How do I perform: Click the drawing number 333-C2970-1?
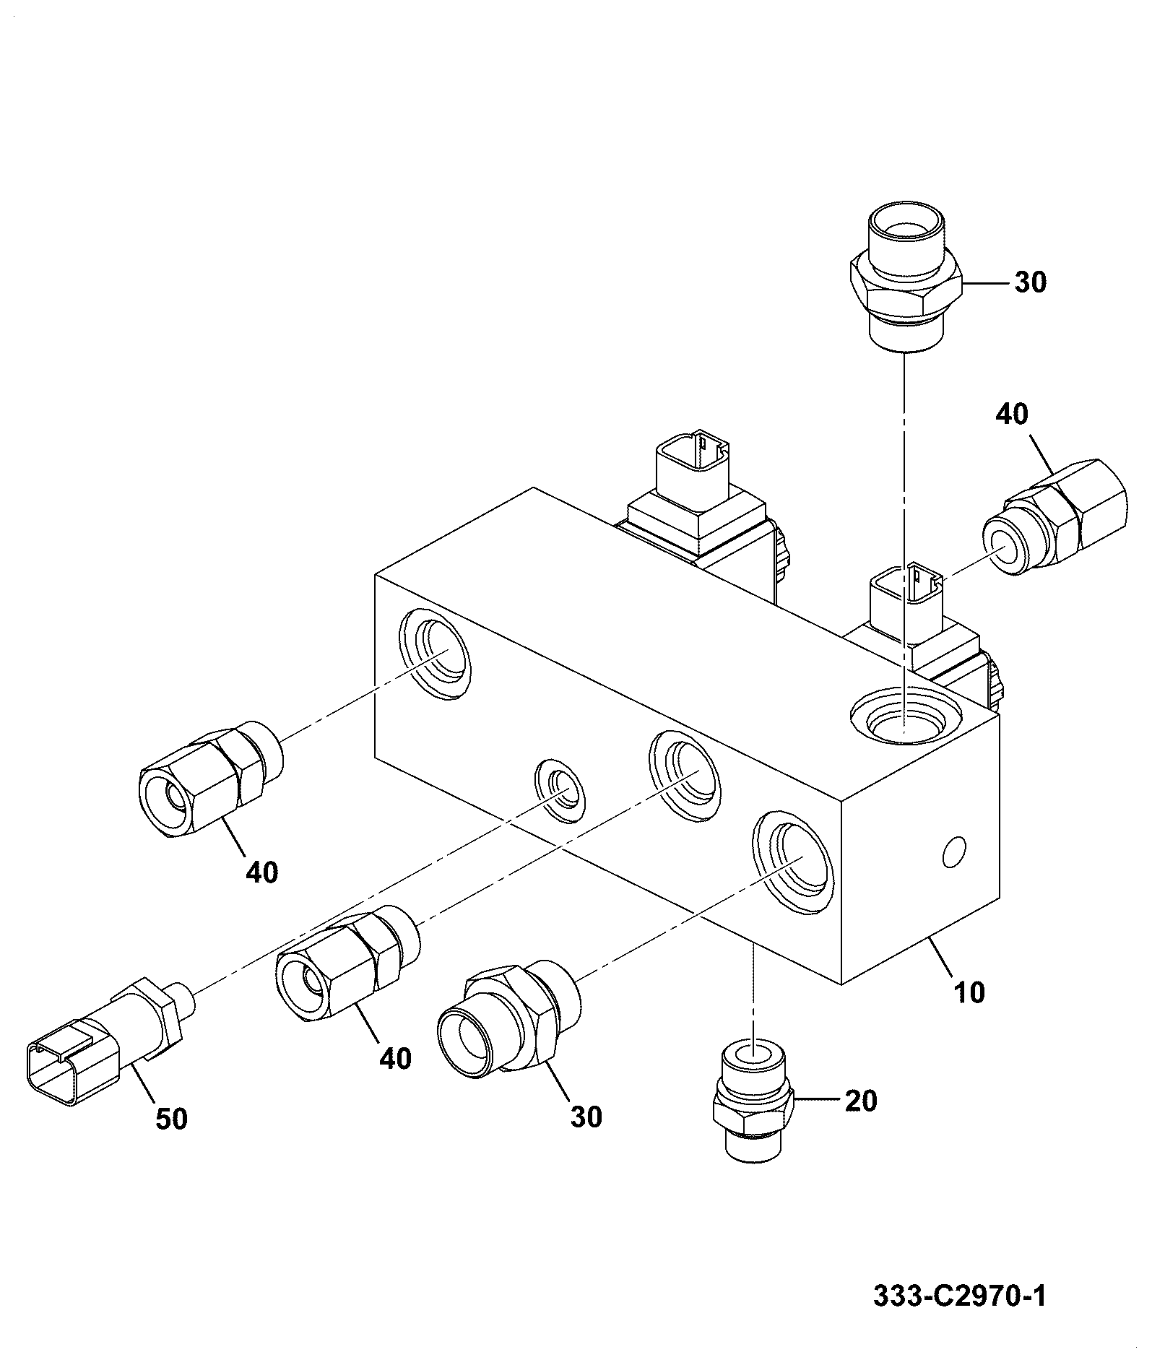click(959, 1296)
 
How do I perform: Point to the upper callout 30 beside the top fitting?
click(1030, 282)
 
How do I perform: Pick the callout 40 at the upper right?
click(1012, 414)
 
